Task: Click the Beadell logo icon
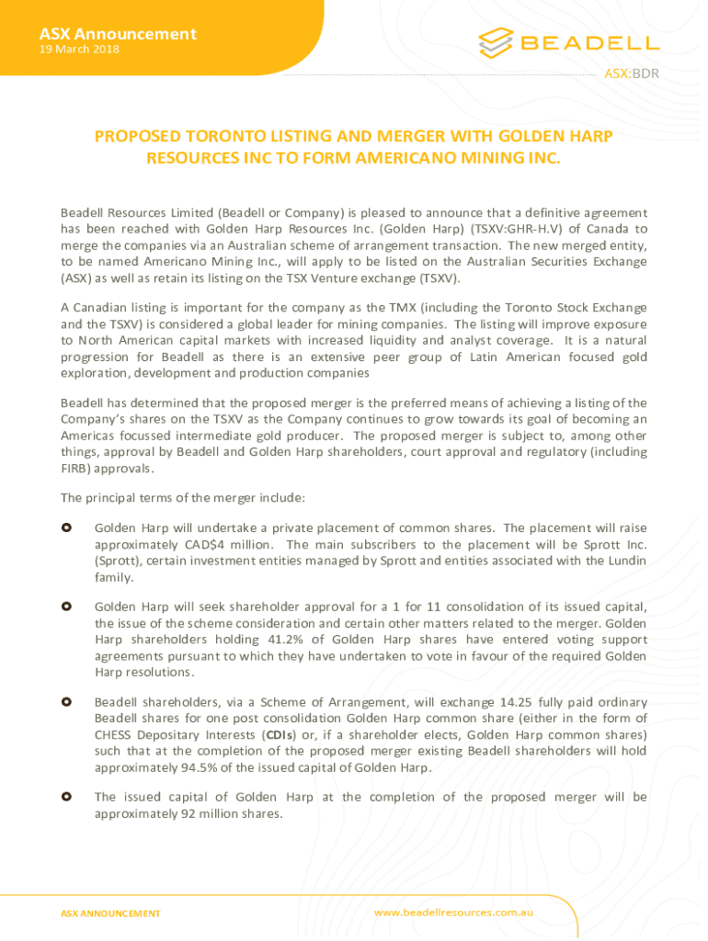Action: point(496,42)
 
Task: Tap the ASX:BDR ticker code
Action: point(631,74)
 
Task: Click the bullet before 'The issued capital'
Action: point(66,798)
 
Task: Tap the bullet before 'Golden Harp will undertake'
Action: point(66,528)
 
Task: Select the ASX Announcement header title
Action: point(118,34)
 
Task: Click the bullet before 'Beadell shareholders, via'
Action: point(66,702)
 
